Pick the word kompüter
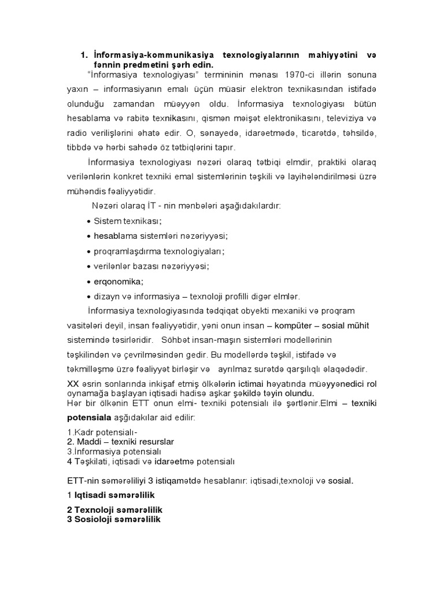[x=295, y=325]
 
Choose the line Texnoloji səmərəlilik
[x=114, y=510]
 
